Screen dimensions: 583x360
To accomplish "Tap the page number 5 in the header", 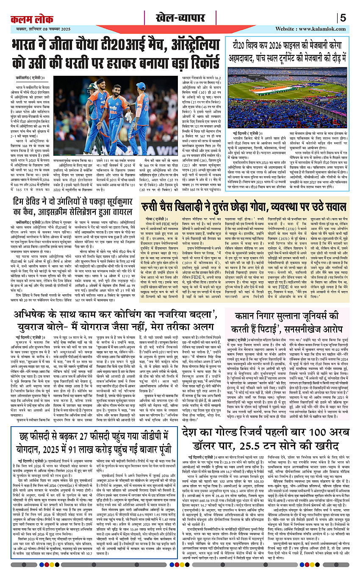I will tap(343, 18).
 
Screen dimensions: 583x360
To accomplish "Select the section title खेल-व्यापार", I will tap(180, 18).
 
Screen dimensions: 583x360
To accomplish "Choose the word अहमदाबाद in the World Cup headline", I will tap(244, 56).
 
